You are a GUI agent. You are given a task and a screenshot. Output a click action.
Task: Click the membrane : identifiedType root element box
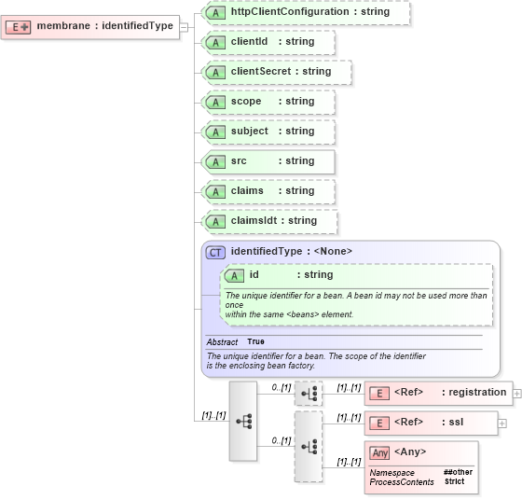(89, 26)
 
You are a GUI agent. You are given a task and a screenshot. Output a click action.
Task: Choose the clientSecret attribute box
(277, 72)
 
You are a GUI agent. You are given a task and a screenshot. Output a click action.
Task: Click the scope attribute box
(268, 102)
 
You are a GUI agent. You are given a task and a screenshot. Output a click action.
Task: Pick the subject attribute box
(268, 132)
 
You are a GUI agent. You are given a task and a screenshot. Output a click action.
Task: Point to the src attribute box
(268, 161)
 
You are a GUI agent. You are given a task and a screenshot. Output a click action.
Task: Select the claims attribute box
(268, 191)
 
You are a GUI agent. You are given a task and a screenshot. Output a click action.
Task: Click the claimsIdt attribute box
(269, 221)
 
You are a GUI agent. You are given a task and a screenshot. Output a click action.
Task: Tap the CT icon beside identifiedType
(215, 252)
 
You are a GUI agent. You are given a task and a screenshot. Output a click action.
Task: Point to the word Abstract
(222, 342)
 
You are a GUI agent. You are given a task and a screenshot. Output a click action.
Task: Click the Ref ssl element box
(430, 423)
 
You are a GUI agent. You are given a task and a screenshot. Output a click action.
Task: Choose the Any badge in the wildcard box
(379, 452)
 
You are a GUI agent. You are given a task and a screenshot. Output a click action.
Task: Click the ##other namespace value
(458, 472)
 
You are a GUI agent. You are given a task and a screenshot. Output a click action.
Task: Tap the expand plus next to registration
(517, 393)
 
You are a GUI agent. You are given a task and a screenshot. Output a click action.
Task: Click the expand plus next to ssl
(502, 423)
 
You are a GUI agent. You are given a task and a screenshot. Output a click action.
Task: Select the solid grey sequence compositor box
(243, 421)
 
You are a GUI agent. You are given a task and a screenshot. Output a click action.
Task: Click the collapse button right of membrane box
(185, 26)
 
